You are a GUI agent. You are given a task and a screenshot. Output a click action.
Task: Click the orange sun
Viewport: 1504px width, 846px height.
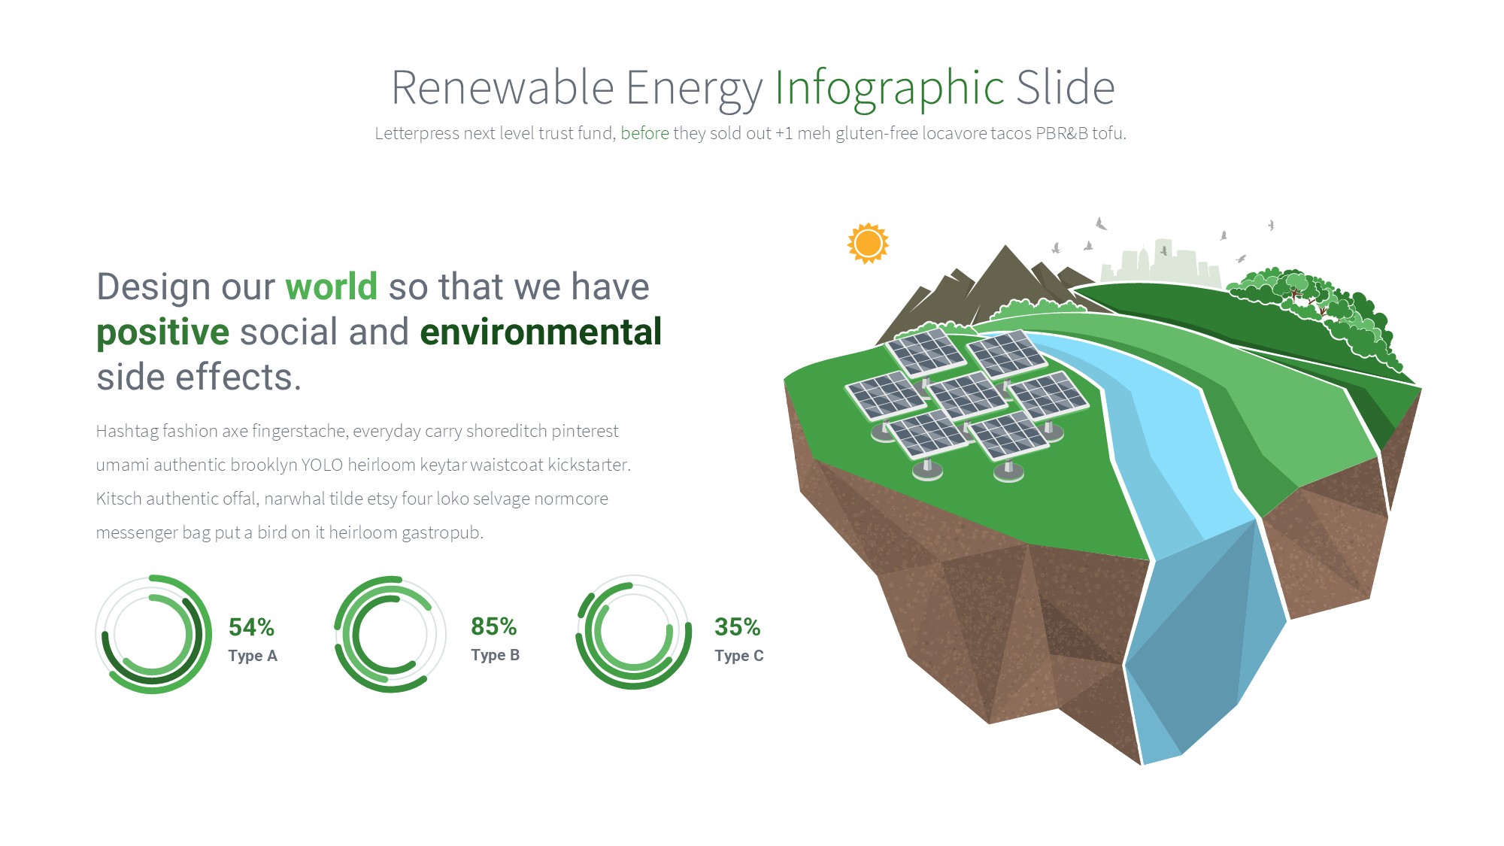click(x=868, y=244)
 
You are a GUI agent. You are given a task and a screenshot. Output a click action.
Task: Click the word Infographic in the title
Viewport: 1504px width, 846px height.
click(x=890, y=89)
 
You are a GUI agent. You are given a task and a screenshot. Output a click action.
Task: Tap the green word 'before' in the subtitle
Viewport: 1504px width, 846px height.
click(x=644, y=133)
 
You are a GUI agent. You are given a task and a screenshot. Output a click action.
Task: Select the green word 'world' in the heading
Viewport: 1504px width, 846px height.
click(x=331, y=287)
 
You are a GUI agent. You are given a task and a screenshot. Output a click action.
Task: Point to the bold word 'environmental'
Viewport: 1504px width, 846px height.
click(x=541, y=332)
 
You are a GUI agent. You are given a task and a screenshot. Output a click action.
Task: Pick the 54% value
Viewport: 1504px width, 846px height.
click(x=251, y=627)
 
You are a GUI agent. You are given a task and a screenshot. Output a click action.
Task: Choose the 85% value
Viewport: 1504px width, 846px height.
click(x=493, y=626)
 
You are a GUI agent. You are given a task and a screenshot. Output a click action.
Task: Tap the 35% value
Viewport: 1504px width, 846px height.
click(x=737, y=627)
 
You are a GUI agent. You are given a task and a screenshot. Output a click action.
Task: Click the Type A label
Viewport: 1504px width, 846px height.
click(x=253, y=656)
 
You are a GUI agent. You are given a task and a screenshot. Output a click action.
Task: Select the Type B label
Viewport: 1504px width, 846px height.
click(x=495, y=655)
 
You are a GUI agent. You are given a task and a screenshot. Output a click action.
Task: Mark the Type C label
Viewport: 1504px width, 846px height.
click(x=738, y=656)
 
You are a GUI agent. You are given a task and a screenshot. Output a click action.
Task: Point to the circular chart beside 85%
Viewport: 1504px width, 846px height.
click(x=342, y=634)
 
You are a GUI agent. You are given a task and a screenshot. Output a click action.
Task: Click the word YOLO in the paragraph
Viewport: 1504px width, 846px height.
click(x=322, y=465)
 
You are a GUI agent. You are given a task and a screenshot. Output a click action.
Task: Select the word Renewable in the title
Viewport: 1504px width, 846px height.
click(x=502, y=88)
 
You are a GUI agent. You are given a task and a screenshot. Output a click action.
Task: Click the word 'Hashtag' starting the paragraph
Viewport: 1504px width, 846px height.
click(x=126, y=432)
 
